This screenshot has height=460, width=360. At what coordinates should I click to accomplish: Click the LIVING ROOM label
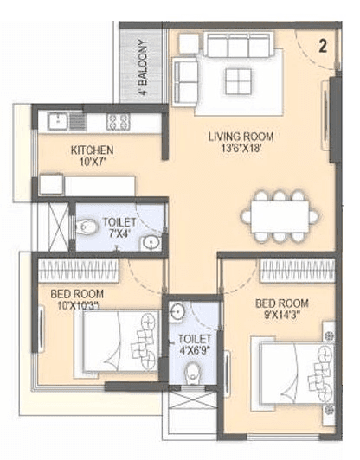pos(241,136)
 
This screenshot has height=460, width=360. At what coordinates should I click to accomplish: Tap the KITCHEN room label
pos(93,150)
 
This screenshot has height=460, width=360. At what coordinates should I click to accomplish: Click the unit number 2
pos(322,47)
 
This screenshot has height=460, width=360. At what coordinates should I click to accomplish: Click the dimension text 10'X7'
pos(93,163)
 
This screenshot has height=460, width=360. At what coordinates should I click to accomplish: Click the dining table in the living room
pos(274,217)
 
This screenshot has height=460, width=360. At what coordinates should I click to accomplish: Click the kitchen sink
pos(53,122)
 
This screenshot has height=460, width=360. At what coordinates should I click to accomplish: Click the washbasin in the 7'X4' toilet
pos(149,241)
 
